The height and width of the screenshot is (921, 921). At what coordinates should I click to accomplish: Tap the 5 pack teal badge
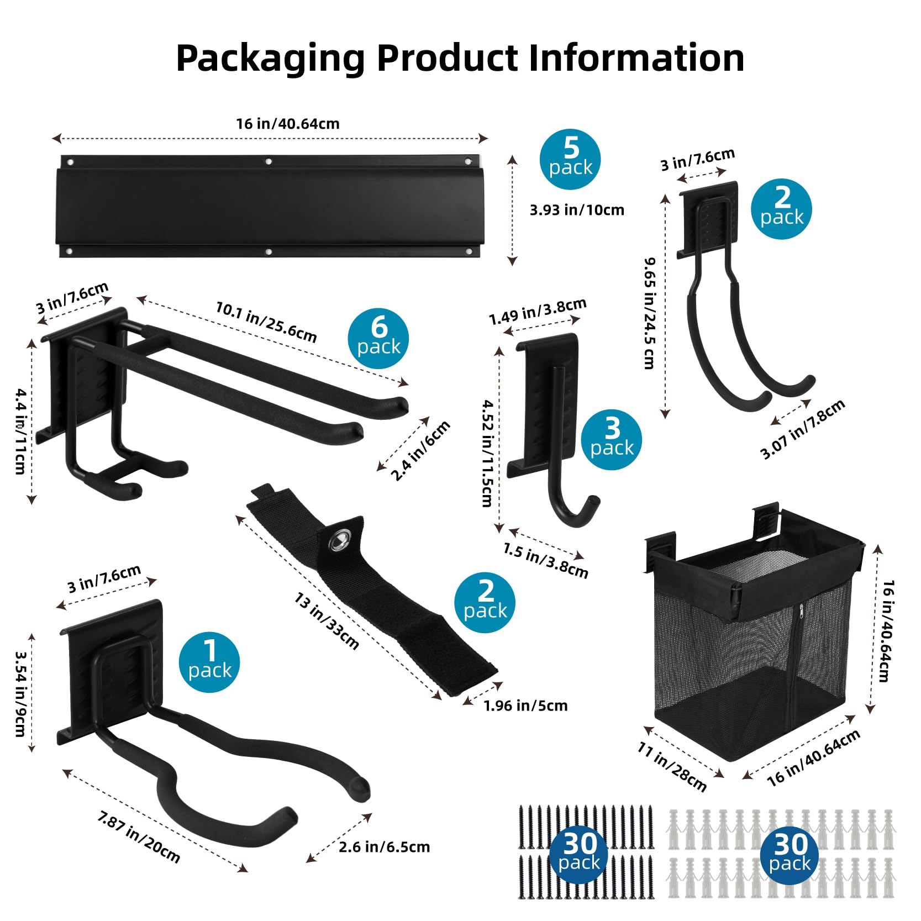(x=570, y=160)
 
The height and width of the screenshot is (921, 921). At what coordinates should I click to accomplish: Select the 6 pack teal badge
(x=378, y=338)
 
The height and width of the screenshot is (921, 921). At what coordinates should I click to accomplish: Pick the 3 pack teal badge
(x=612, y=440)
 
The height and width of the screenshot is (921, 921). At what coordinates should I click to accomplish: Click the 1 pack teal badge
(x=209, y=662)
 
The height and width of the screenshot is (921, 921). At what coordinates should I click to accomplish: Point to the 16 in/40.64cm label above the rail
(x=288, y=124)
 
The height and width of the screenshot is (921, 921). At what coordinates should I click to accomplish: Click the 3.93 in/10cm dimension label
(x=577, y=210)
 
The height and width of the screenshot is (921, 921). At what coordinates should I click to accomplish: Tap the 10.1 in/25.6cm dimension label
(x=266, y=322)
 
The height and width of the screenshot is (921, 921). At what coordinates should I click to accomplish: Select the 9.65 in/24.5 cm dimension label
(x=650, y=313)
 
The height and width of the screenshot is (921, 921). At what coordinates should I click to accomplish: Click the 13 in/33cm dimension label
(x=327, y=621)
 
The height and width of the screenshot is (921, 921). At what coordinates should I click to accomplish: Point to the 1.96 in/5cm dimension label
(x=525, y=706)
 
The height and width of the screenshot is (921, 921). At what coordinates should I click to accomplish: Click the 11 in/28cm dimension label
(x=672, y=766)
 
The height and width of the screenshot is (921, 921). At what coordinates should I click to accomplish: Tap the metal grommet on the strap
(x=338, y=542)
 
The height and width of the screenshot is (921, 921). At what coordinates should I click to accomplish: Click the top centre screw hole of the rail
(x=269, y=162)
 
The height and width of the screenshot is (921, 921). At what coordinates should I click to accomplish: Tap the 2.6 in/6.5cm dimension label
(x=384, y=847)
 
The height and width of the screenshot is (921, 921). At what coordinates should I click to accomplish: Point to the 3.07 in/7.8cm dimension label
(x=802, y=429)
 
